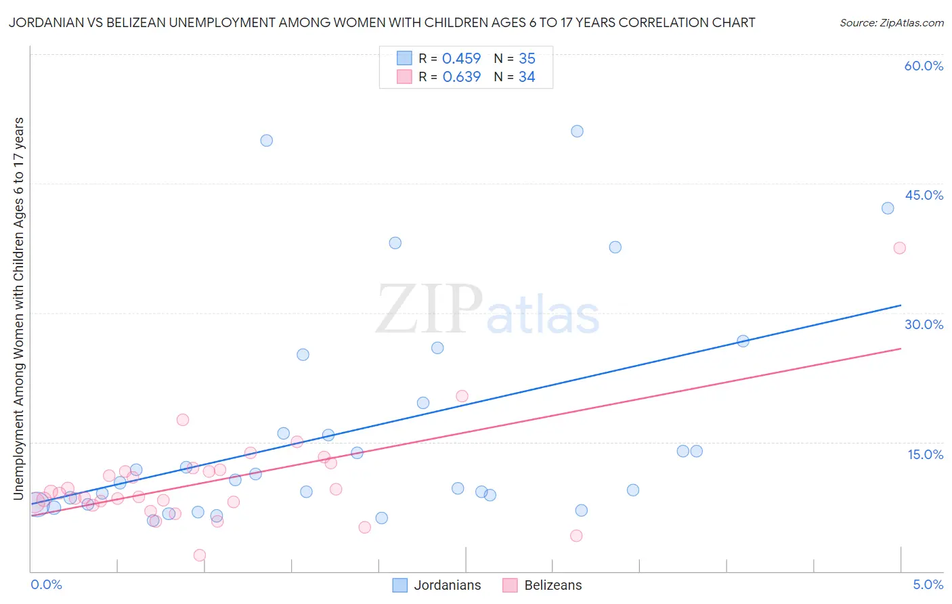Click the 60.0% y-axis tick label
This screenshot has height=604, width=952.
pos(924,66)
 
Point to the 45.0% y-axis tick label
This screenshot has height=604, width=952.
pos(924,195)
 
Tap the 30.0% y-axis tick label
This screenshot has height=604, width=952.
pos(924,324)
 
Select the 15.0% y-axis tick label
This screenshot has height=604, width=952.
pos(925,454)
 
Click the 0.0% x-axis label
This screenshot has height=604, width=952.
pos(46,584)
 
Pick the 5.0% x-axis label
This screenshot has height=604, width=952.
pos(928,584)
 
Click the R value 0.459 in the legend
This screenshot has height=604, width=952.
pos(461,58)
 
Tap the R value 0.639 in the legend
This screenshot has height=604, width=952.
pos(461,77)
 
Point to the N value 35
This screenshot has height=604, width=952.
pos(527,58)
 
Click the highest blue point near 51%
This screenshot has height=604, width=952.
pos(577,131)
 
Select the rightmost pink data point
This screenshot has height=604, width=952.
pos(899,248)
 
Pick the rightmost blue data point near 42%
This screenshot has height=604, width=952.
pos(888,208)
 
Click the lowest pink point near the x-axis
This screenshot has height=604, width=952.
pos(200,555)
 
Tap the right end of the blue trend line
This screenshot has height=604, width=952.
pos(901,305)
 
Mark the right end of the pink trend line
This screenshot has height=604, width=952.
pos(901,349)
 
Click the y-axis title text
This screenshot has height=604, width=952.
pos(18,309)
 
